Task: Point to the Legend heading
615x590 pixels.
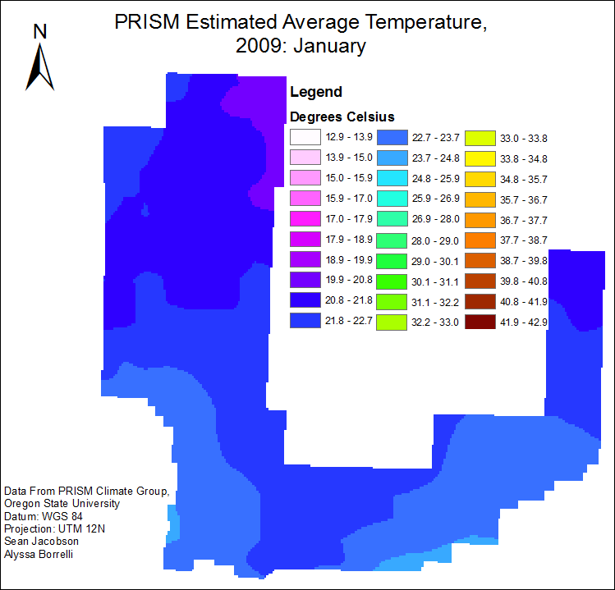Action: (316, 92)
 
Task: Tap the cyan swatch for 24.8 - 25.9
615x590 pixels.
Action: (392, 178)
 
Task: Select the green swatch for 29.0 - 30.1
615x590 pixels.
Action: (392, 260)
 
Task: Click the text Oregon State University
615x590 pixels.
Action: (62, 504)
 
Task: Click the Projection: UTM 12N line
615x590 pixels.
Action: (54, 528)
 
